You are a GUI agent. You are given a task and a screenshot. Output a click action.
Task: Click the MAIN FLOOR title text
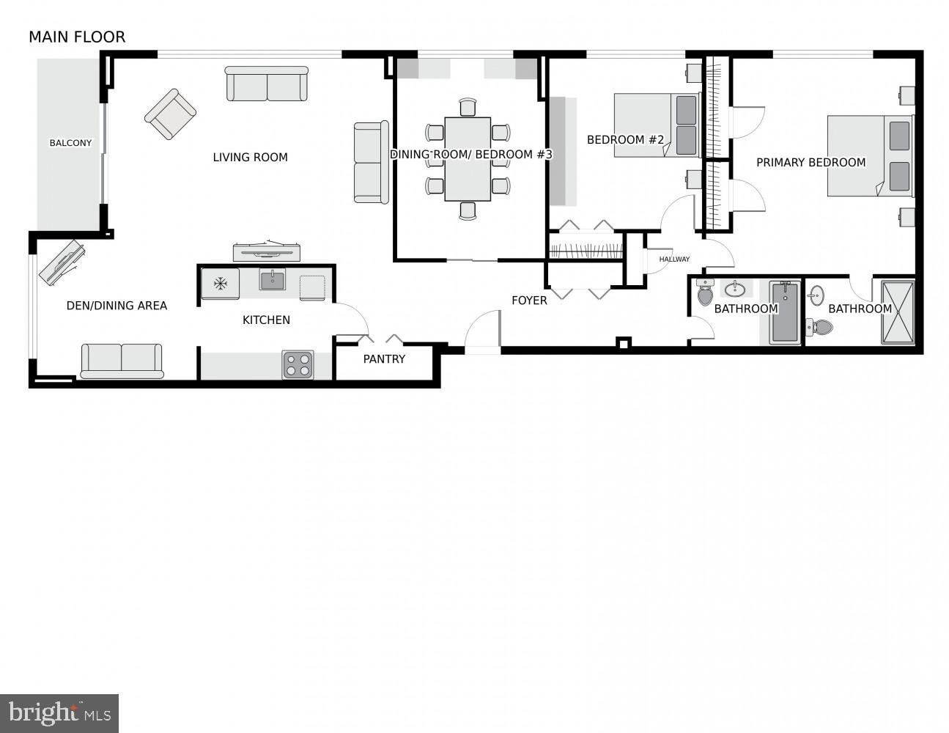[77, 37]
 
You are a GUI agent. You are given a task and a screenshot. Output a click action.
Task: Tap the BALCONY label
[70, 143]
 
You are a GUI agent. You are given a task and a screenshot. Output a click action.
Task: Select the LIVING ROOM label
[250, 157]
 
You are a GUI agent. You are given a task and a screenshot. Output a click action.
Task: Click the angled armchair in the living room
[171, 114]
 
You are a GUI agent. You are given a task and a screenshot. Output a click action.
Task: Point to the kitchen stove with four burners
[298, 364]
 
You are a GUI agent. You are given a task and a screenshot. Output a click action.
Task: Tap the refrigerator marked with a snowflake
[221, 283]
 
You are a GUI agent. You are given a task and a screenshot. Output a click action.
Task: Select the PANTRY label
[384, 359]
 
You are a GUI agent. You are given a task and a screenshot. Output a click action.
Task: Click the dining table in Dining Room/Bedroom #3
[468, 159]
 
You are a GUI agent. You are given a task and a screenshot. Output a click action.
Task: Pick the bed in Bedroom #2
[656, 125]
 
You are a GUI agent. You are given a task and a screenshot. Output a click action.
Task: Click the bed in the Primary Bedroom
[870, 155]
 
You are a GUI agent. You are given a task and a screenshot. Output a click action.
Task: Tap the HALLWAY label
[674, 259]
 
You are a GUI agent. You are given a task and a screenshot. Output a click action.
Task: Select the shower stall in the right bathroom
[898, 312]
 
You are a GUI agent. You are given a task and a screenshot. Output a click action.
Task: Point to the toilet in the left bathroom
[705, 293]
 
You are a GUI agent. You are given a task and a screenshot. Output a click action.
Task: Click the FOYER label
[529, 301]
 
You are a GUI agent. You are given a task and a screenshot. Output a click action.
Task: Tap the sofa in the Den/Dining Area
[122, 361]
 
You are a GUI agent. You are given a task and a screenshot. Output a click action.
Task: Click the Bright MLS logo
[59, 712]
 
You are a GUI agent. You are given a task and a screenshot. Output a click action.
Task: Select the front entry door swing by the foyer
[482, 330]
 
